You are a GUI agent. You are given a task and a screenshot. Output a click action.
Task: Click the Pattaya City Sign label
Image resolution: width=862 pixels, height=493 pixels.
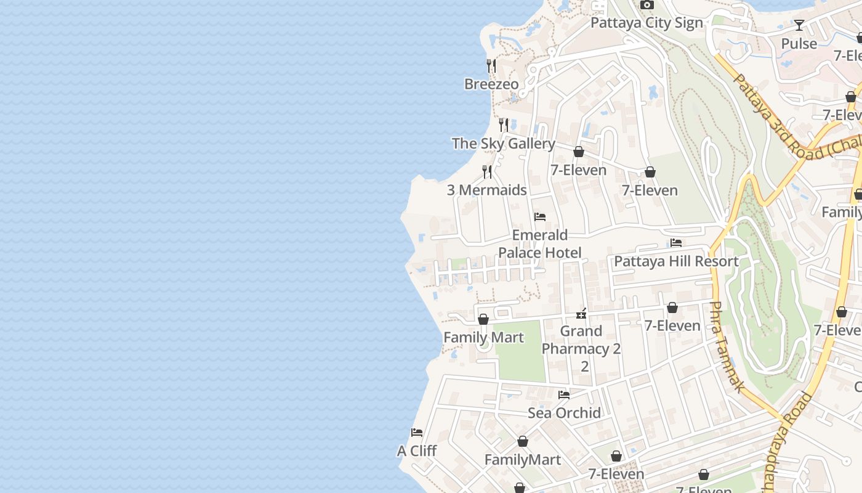[x=647, y=23]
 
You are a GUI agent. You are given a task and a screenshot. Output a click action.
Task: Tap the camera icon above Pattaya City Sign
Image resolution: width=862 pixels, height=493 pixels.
[x=647, y=5]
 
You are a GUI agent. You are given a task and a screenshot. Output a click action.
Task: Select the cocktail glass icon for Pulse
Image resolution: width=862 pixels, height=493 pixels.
[x=799, y=25]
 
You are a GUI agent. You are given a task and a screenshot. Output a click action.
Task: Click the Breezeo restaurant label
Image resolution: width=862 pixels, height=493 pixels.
[x=491, y=84]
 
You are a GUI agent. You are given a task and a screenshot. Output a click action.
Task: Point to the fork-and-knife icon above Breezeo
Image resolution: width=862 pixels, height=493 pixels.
[x=491, y=65]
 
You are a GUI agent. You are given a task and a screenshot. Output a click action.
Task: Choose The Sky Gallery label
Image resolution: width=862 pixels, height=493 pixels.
[x=503, y=144]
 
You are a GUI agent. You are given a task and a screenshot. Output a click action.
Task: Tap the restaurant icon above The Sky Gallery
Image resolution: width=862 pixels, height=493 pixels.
[x=504, y=125]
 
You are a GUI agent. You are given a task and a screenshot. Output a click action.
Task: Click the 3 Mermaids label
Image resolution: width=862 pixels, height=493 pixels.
[x=486, y=190]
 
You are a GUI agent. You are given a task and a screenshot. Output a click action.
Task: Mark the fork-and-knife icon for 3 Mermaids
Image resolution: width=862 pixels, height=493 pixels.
[x=487, y=171]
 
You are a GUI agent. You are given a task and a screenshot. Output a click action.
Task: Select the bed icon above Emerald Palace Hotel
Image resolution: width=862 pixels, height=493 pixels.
[x=540, y=217]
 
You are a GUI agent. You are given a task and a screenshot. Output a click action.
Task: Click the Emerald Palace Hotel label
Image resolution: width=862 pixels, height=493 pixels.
[x=540, y=243]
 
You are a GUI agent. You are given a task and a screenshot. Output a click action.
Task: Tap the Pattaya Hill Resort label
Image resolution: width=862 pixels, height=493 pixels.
[x=676, y=261]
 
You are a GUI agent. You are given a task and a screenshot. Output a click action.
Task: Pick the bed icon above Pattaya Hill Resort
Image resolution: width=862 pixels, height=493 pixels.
[x=676, y=243]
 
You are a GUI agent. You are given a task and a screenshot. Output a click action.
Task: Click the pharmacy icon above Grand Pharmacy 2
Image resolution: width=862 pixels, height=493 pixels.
[x=581, y=314]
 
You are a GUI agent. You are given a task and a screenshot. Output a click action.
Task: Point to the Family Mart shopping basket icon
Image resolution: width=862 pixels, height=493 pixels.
[x=483, y=319]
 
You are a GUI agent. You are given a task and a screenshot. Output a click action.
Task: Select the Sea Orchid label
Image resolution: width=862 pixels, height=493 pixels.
[x=564, y=413]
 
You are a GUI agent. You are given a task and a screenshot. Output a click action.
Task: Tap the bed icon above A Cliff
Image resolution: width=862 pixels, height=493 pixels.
[x=417, y=433]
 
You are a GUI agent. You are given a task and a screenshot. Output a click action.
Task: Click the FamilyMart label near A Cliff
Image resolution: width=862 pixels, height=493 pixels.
[x=522, y=460]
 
